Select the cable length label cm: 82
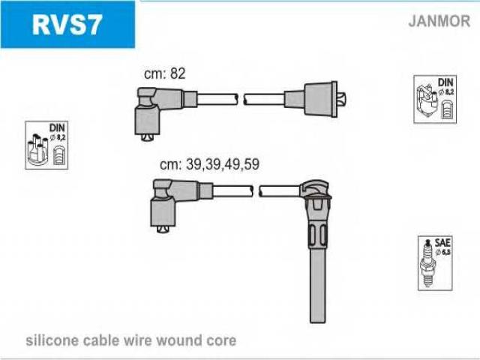[164, 73]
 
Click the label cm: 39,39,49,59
[209, 164]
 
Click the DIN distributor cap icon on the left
[47, 145]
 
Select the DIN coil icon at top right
[435, 100]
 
